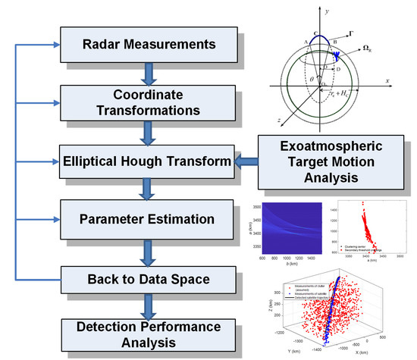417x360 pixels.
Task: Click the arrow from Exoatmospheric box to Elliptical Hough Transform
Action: (243, 161)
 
